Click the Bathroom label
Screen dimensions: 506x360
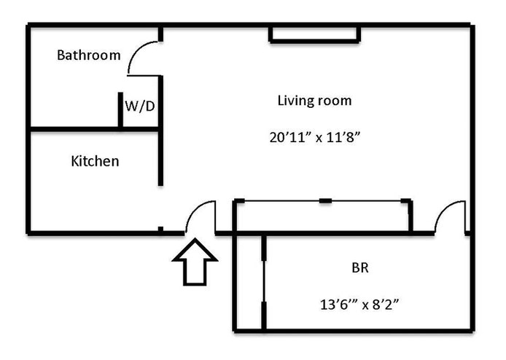pos(89,55)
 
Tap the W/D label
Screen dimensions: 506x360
pos(139,106)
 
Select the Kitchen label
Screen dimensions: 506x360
pos(95,161)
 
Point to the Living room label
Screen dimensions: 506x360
pos(314,101)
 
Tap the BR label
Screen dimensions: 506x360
pos(360,267)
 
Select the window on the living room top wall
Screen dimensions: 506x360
pos(314,34)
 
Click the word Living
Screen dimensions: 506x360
pos(295,101)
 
